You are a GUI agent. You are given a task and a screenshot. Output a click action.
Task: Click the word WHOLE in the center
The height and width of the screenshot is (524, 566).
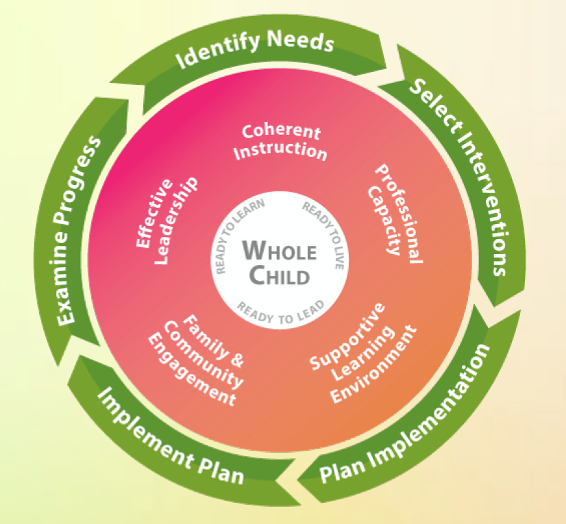click(280, 251)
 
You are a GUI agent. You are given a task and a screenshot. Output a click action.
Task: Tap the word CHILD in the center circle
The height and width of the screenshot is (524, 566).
click(280, 276)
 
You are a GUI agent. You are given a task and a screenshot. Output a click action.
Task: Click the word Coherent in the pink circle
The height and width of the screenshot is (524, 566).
click(281, 130)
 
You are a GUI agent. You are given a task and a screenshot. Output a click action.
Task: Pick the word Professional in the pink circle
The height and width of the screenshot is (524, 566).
click(400, 213)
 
